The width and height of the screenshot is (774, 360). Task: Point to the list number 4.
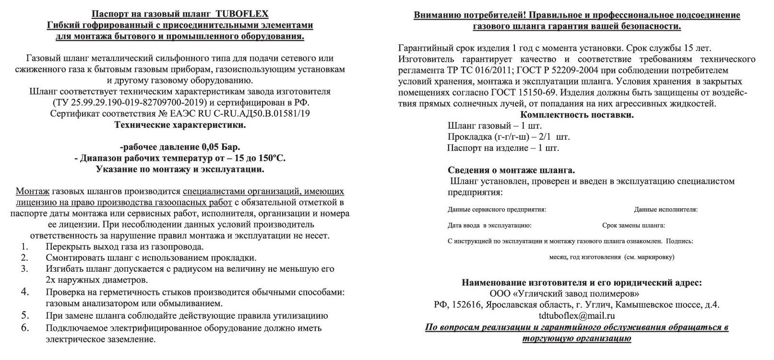pyautogui.click(x=25, y=292)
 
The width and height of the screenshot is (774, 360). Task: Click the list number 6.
pyautogui.click(x=25, y=328)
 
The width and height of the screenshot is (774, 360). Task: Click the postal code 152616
pyautogui.click(x=465, y=305)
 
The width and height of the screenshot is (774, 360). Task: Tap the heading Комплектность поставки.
pyautogui.click(x=577, y=115)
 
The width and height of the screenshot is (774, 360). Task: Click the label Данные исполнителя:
pyautogui.click(x=666, y=210)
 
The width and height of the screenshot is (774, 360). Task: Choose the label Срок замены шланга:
pyautogui.click(x=633, y=225)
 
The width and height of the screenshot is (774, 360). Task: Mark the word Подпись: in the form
pyautogui.click(x=680, y=241)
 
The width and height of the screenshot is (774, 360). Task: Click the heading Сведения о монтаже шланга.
pyautogui.click(x=511, y=170)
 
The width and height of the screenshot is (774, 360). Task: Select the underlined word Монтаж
pyautogui.click(x=33, y=191)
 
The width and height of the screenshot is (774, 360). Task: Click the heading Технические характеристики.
pyautogui.click(x=180, y=125)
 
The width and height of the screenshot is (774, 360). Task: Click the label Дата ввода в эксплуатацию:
pyautogui.click(x=489, y=225)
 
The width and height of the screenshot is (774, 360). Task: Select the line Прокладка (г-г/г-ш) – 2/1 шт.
pyautogui.click(x=509, y=137)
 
